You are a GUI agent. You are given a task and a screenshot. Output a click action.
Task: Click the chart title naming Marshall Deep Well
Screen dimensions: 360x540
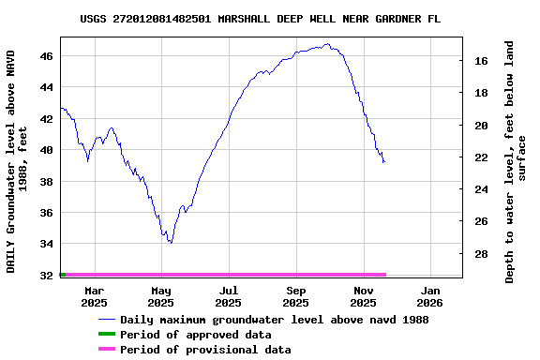point(261,18)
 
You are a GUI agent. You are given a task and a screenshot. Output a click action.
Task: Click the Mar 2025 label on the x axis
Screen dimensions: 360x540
point(94,296)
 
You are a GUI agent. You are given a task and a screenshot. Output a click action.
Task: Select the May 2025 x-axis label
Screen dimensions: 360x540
point(161,296)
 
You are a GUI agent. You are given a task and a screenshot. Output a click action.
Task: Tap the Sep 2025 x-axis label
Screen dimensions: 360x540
point(295,296)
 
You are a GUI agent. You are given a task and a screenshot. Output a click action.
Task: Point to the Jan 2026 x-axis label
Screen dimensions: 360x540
point(429,296)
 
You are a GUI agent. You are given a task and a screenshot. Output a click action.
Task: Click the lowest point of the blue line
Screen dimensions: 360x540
point(170,243)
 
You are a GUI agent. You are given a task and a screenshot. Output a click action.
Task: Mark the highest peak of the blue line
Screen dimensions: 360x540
point(326,43)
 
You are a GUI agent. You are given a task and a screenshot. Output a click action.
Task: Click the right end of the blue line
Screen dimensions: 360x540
point(383,162)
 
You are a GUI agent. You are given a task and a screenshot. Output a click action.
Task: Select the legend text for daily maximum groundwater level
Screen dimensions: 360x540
point(274,320)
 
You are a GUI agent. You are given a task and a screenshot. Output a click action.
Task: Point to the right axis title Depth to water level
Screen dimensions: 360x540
point(516,161)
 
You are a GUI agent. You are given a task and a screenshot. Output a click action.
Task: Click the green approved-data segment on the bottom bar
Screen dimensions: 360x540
point(62,275)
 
